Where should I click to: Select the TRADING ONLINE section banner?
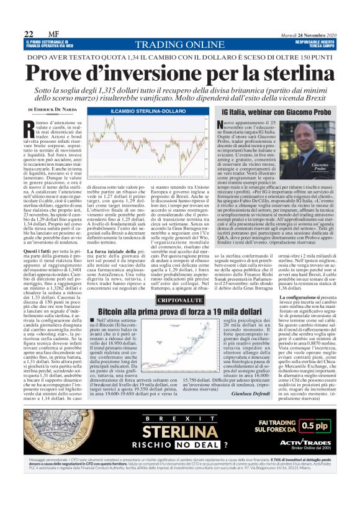(180, 45)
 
